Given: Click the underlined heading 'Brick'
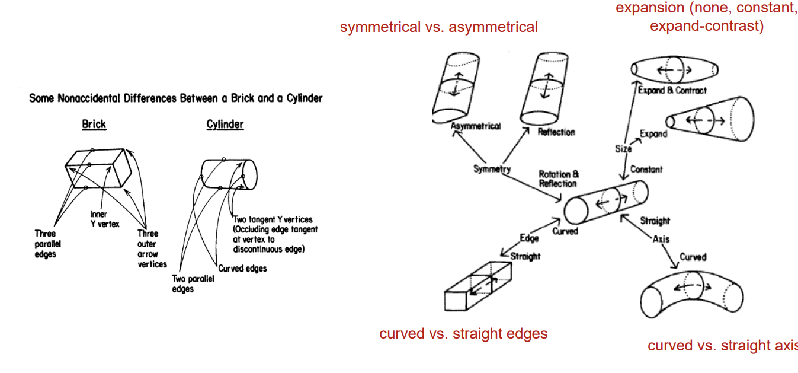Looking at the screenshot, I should tap(94, 125).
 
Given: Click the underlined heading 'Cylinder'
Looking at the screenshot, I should tap(225, 125).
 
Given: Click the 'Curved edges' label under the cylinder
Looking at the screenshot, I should tap(242, 269).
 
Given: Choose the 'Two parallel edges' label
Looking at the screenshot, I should tap(193, 283).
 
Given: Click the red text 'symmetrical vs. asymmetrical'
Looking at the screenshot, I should tap(438, 27).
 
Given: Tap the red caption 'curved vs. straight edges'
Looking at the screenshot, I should tap(463, 334).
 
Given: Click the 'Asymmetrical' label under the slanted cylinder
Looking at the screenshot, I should tap(475, 126).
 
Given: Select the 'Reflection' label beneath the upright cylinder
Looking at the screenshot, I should tap(556, 132).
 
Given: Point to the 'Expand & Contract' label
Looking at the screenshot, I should tap(672, 91).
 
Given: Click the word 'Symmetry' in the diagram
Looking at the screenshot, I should tap(492, 170).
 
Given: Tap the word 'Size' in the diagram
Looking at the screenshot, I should tap(623, 149).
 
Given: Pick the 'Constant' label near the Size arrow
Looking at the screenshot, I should tap(646, 170).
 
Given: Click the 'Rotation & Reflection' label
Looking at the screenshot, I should tap(559, 179).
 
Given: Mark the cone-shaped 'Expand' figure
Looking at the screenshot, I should tap(709, 117).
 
